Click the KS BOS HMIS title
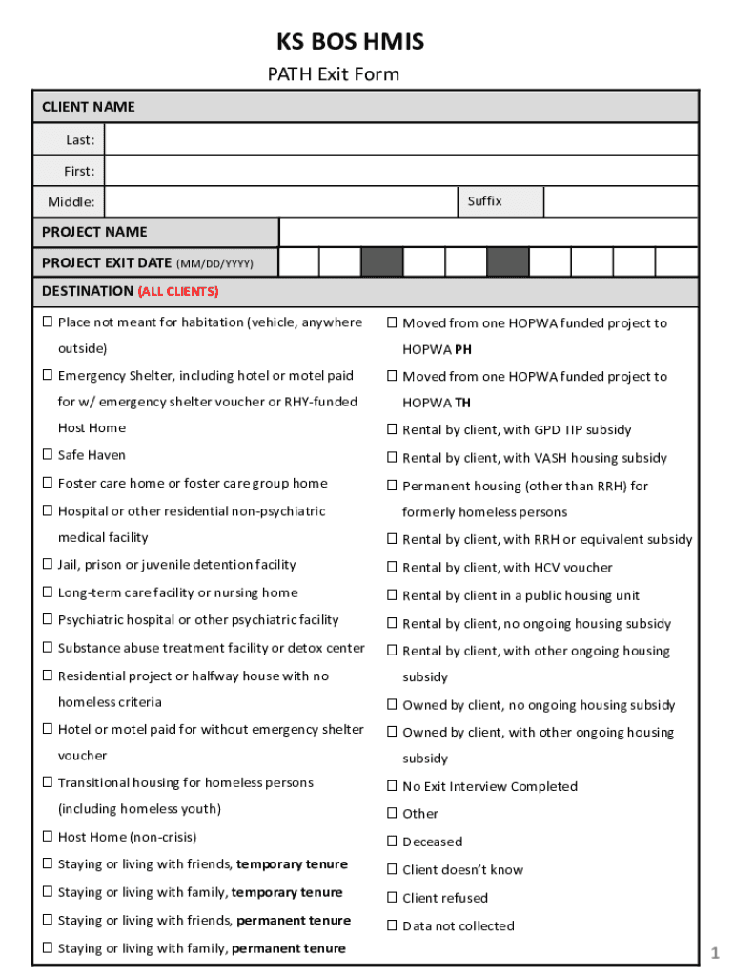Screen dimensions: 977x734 [x=350, y=42]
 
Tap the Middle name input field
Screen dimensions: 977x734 [x=280, y=202]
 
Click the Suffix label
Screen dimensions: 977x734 [x=484, y=201]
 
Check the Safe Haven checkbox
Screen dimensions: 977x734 [x=47, y=455]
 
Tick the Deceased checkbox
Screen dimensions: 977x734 [x=391, y=842]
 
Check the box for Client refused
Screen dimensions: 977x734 [x=391, y=898]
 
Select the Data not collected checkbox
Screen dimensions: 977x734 [x=391, y=925]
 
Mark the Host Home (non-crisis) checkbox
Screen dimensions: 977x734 [x=47, y=837]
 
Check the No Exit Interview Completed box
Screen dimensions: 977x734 [x=391, y=786]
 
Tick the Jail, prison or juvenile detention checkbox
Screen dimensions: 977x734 [x=47, y=565]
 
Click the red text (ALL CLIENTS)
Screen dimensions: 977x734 [x=178, y=291]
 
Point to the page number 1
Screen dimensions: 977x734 [x=713, y=952]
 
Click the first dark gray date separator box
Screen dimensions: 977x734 [x=381, y=262]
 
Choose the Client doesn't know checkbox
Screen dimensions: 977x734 [x=391, y=869]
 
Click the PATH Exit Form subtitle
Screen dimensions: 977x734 [x=332, y=74]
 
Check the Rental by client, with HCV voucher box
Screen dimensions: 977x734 [x=391, y=568]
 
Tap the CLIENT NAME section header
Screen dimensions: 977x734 [x=89, y=107]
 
